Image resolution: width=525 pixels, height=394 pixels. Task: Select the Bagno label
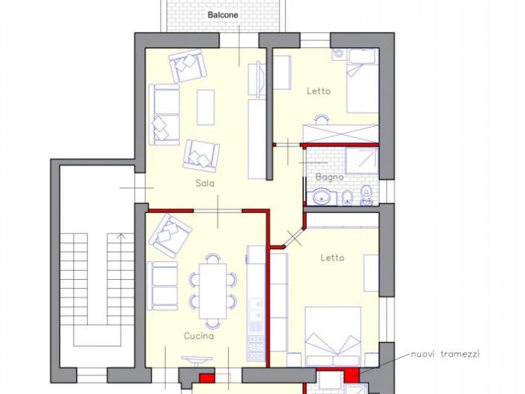(x=329, y=177)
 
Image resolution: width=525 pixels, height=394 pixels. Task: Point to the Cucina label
(x=199, y=336)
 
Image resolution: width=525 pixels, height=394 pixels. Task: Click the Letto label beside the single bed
(x=318, y=92)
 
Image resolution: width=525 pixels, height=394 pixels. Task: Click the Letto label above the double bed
(x=332, y=257)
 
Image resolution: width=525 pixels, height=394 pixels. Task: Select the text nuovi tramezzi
(x=445, y=354)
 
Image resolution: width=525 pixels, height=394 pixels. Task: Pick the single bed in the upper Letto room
(x=361, y=86)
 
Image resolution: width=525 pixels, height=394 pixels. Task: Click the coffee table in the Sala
(x=205, y=107)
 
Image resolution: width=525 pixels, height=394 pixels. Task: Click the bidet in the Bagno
(x=347, y=197)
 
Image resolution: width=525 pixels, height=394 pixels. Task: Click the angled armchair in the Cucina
(x=170, y=236)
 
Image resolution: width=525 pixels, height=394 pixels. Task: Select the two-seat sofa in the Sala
(x=164, y=114)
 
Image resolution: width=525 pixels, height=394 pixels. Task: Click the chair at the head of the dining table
(x=213, y=259)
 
